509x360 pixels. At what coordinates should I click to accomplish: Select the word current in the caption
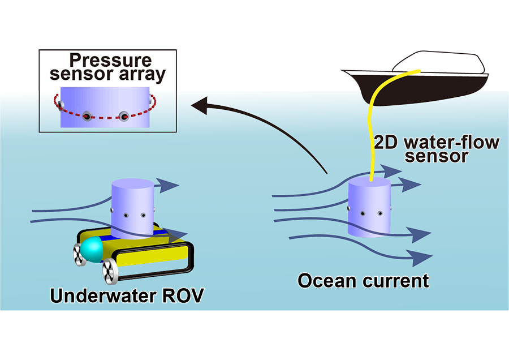395,280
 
